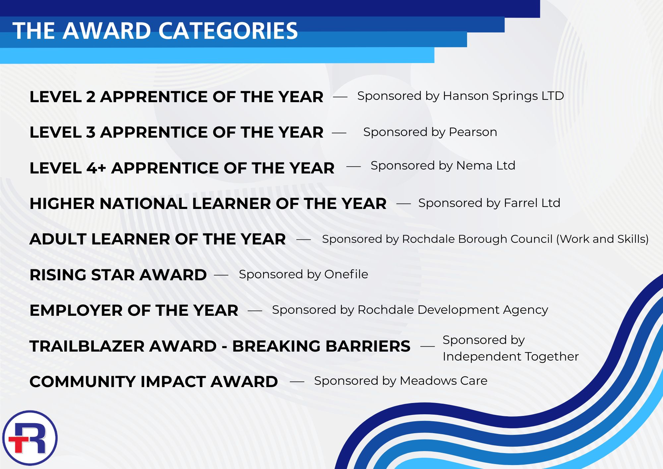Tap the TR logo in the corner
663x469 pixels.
tap(30, 438)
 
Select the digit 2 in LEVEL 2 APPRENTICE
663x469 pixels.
tap(90, 97)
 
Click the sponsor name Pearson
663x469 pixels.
tap(473, 132)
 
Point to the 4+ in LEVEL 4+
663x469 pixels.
tap(96, 168)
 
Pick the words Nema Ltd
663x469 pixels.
tap(486, 166)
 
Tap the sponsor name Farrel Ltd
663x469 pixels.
tap(532, 203)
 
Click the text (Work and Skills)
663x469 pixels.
tap(602, 239)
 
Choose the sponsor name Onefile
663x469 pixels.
tap(346, 274)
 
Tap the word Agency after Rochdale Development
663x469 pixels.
tap(525, 310)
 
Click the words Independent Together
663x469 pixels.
tap(511, 357)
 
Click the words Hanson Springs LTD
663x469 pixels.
tap(503, 96)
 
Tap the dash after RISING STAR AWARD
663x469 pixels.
tap(221, 275)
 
